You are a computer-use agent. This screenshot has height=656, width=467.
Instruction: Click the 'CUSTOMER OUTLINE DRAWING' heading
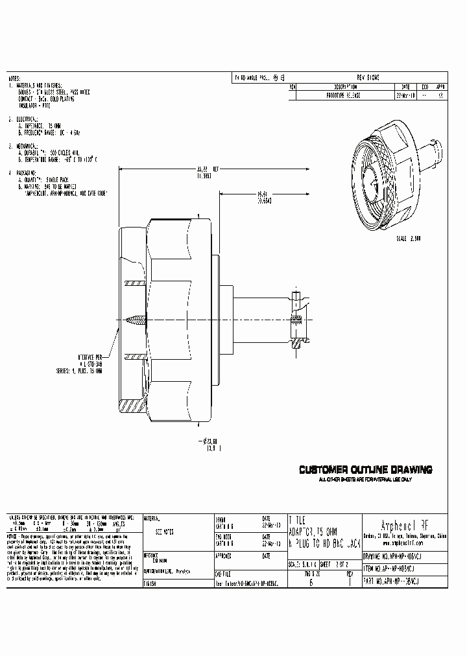[x=365, y=470]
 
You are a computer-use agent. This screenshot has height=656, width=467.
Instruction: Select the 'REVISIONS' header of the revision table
[x=368, y=77]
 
